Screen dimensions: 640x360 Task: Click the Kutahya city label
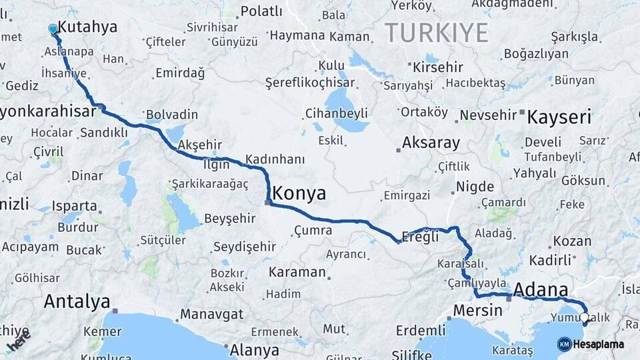tap(87, 27)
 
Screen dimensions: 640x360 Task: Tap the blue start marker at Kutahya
tap(53, 29)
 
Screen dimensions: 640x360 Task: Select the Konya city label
tap(300, 194)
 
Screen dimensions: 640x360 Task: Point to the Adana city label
tap(541, 290)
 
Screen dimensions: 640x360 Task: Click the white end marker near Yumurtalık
tap(585, 318)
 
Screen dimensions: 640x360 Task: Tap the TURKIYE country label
tap(437, 32)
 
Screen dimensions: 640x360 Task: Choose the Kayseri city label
tap(559, 119)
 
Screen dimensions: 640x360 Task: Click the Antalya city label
tap(77, 301)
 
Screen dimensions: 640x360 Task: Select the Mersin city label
tap(477, 310)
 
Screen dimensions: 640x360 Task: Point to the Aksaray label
tap(431, 143)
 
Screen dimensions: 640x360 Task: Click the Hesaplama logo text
tap(598, 345)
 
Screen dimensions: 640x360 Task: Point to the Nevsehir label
tap(488, 115)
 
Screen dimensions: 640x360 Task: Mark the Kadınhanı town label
tap(275, 159)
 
